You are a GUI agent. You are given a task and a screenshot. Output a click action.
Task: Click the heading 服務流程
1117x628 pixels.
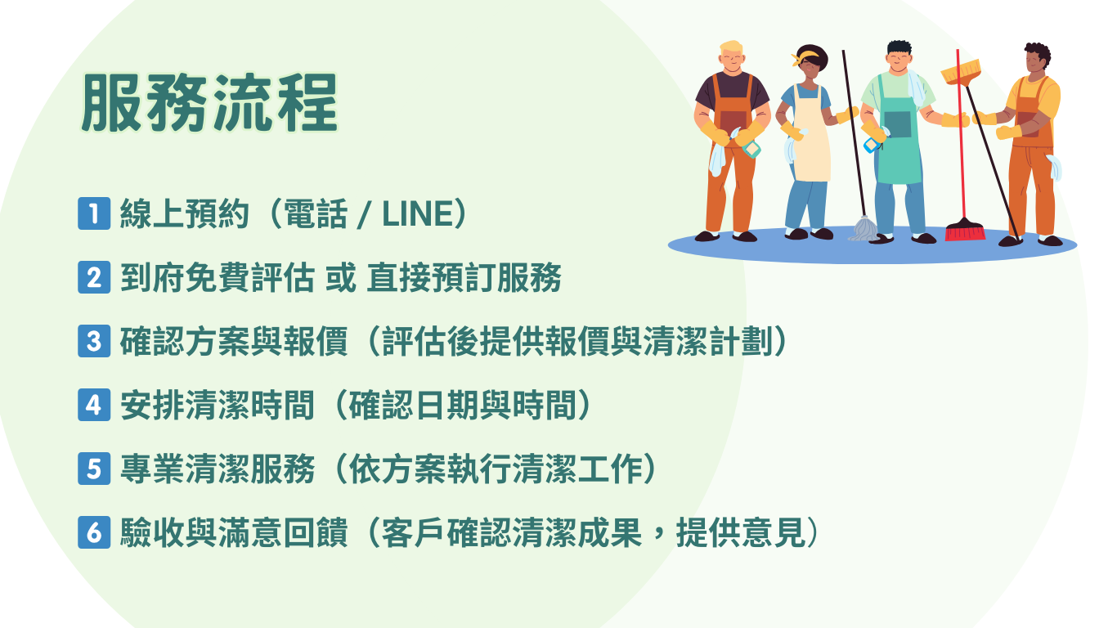tap(209, 102)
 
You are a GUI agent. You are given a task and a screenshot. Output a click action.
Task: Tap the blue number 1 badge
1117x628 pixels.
tap(94, 213)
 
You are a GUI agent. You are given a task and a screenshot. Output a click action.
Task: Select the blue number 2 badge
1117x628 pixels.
tap(94, 277)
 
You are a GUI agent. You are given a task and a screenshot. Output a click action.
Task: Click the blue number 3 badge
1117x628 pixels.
tap(94, 341)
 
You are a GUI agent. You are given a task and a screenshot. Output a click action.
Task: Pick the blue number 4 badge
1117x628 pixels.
tap(94, 405)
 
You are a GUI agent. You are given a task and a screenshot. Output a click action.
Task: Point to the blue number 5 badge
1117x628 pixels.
tap(94, 469)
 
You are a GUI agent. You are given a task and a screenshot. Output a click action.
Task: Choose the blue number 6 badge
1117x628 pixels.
tap(94, 532)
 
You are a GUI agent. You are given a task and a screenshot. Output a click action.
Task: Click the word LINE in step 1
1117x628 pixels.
tap(417, 214)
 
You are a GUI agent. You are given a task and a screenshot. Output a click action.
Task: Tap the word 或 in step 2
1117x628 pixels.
tap(341, 278)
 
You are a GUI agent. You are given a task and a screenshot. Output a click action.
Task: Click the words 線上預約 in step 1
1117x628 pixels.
tap(185, 214)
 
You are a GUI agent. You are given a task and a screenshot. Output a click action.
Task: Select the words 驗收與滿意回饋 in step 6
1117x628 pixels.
tap(234, 533)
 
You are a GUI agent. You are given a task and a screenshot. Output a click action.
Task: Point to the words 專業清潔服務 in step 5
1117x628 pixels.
tap(218, 469)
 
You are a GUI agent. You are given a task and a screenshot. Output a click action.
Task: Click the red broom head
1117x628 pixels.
tap(965, 231)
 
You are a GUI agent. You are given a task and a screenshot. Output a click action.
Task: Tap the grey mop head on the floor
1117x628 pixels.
tap(863, 230)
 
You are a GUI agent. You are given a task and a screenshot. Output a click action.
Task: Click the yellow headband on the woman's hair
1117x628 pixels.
tap(803, 58)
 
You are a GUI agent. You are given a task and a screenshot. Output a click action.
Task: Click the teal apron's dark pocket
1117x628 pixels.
tap(898, 125)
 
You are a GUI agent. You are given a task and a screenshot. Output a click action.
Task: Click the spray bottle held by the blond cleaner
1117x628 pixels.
tap(749, 146)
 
